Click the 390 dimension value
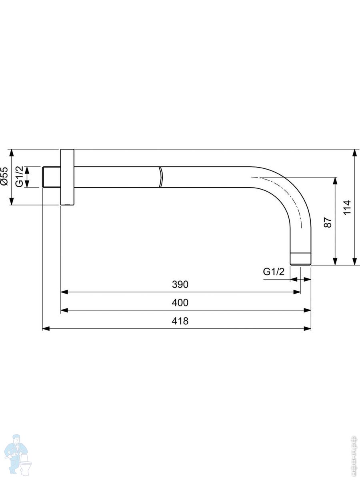click(180, 284)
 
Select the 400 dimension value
click(180, 303)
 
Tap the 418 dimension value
click(180, 321)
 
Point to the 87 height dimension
click(328, 222)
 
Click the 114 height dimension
click(347, 207)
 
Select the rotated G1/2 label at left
click(19, 176)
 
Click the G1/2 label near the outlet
click(274, 272)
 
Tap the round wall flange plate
click(67, 177)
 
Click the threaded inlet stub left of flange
click(51, 177)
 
